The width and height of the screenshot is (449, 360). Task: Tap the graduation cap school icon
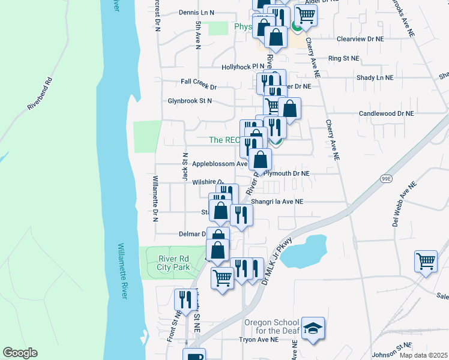click(313, 328)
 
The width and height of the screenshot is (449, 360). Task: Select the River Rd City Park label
click(173, 263)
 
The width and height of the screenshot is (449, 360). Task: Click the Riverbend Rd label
click(40, 94)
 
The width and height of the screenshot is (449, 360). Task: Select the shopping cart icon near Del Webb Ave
click(426, 261)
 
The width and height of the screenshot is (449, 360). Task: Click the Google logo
click(19, 353)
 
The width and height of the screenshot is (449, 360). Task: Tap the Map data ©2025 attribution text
click(423, 355)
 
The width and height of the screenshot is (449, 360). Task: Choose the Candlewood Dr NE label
click(386, 113)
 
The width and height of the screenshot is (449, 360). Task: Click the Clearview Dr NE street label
click(360, 38)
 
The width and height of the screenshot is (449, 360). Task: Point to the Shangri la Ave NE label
click(277, 202)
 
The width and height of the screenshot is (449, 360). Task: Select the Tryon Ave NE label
click(259, 340)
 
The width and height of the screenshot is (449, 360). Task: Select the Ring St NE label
click(343, 58)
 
